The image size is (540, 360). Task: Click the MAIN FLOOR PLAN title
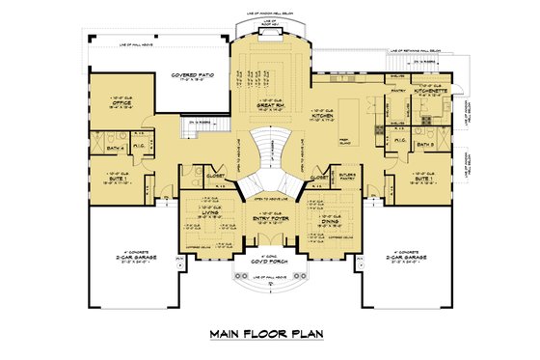pyautogui.click(x=270, y=335)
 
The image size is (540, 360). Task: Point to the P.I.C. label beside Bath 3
pyautogui.click(x=398, y=140)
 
